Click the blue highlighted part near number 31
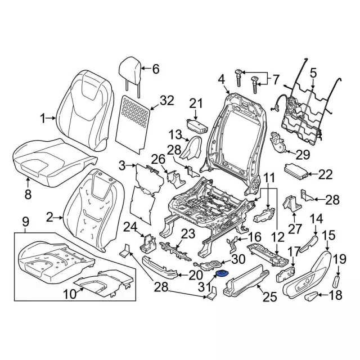[x=222, y=273]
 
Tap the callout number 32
[x=167, y=101]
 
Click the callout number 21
[x=195, y=103]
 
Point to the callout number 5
[x=313, y=71]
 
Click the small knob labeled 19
[x=338, y=280]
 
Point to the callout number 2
[x=49, y=216]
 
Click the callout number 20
[x=195, y=275]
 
